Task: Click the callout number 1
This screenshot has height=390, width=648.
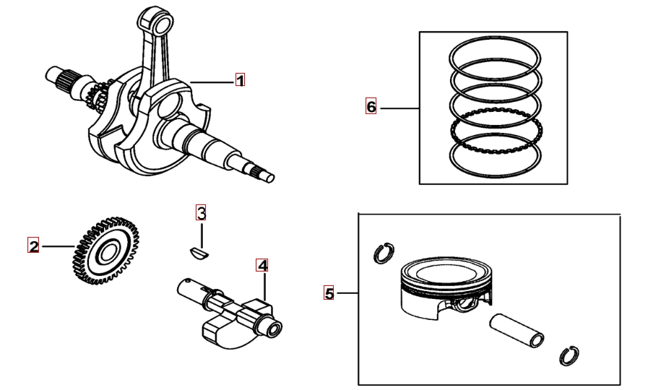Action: click(240, 79)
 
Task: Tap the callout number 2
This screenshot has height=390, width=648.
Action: click(33, 246)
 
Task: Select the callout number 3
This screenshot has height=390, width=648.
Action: click(201, 213)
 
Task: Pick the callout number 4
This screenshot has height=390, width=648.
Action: click(262, 265)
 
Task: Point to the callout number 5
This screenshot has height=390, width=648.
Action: click(329, 293)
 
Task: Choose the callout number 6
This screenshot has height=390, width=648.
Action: click(371, 107)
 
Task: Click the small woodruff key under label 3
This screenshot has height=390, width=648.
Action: click(199, 253)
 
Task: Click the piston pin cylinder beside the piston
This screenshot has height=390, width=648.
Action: click(517, 331)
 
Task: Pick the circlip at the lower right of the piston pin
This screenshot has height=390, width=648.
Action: click(569, 355)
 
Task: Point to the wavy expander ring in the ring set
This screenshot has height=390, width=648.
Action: click(496, 131)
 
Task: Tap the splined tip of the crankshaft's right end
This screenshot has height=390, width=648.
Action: click(262, 173)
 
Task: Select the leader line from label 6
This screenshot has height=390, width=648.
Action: click(399, 108)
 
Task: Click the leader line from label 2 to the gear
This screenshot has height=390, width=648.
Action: click(59, 247)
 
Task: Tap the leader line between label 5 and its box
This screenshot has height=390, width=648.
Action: click(346, 293)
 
